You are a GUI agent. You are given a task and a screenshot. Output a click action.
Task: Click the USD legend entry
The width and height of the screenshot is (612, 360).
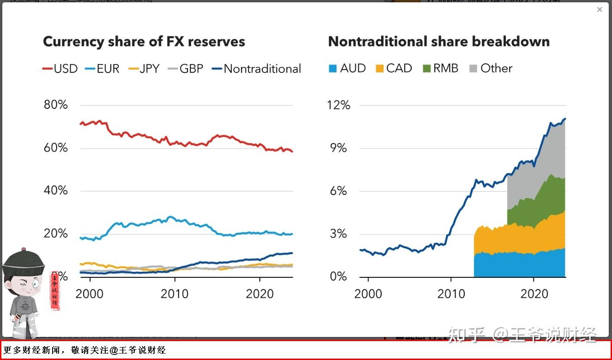coord(60,69)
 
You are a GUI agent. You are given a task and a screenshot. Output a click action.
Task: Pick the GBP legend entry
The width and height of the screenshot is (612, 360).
coord(185,69)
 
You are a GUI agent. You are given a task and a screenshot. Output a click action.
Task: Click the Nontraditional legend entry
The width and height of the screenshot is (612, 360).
coord(256,69)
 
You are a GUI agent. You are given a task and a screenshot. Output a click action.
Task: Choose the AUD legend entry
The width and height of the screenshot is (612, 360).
coord(347,68)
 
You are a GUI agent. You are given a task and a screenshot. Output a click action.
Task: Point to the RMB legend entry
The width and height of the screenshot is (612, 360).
coord(440,68)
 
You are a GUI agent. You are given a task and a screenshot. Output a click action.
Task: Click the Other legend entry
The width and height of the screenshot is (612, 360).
coord(491,68)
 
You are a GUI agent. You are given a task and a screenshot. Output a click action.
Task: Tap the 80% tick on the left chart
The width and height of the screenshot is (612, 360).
coord(55,105)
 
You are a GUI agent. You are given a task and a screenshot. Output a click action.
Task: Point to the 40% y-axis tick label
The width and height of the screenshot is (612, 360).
coord(55,191)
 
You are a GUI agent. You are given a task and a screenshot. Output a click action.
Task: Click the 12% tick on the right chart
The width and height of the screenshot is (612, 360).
coord(339,105)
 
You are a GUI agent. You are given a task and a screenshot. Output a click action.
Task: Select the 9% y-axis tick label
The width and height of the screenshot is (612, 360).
coord(340,148)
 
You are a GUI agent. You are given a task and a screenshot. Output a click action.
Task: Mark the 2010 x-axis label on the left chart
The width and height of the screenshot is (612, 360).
coord(174,294)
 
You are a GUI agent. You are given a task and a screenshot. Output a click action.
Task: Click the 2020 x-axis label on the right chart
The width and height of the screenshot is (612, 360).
coord(534,294)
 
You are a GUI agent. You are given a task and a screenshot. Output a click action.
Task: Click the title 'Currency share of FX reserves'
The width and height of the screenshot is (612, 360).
coord(144,42)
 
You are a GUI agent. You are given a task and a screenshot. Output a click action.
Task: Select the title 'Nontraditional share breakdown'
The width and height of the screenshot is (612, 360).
coord(438,42)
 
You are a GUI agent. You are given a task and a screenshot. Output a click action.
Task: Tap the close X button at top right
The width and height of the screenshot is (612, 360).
coord(600,9)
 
